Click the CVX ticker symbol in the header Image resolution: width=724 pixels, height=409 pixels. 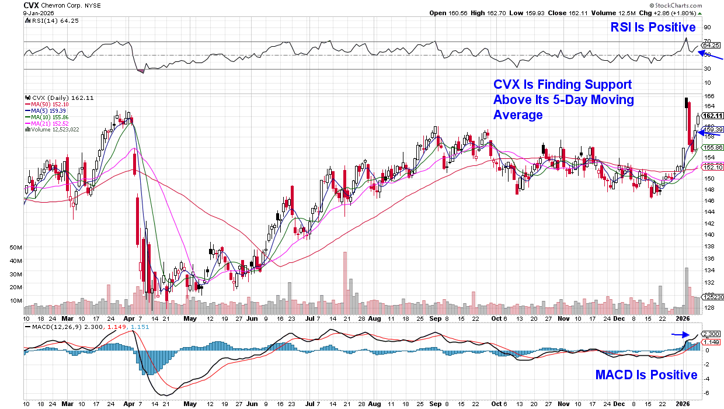click(31, 5)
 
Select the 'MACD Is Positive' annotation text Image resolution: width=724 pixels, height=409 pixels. click(646, 375)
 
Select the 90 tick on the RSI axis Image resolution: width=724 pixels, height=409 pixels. click(706, 27)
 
